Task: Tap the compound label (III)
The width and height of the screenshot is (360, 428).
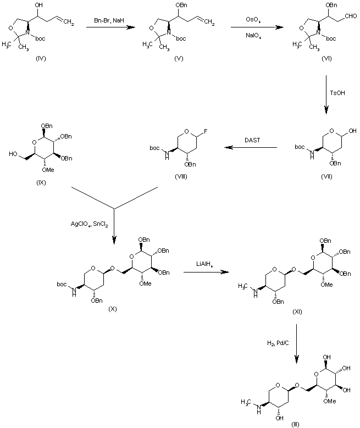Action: pos(296,424)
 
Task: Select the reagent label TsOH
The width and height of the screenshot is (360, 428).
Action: pos(336,95)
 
